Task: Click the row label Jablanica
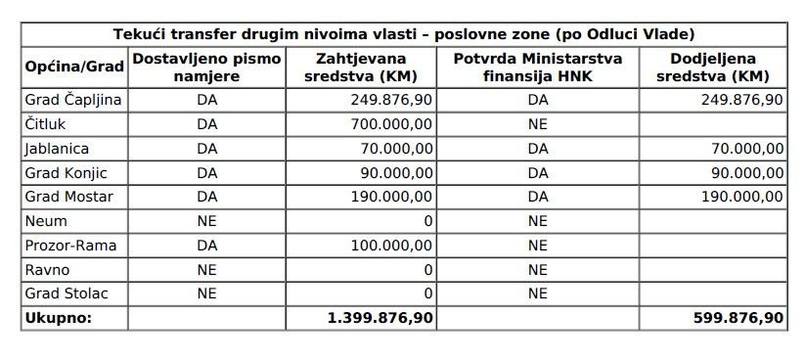[57, 149]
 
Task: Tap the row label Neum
[47, 221]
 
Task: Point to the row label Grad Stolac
[67, 293]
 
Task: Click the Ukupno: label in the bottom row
[58, 318]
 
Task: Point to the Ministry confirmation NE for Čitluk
[537, 124]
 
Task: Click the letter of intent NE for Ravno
[206, 269]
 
